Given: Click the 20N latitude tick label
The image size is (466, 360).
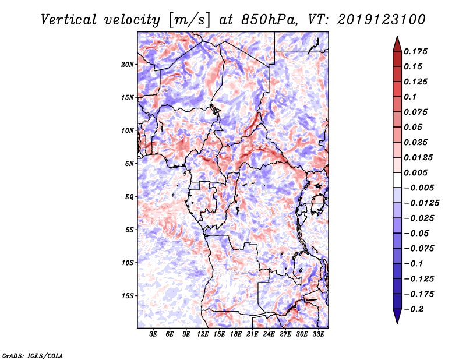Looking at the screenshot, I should pos(128,64).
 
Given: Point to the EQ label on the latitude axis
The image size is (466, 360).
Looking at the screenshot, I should pos(129,196).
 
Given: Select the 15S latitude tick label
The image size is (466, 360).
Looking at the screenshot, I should pos(128,295).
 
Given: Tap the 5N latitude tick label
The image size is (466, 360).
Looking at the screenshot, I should pos(130,164).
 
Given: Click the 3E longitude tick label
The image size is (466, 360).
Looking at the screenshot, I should pos(154,334).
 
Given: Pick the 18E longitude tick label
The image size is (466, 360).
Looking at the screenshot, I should pos(236,334).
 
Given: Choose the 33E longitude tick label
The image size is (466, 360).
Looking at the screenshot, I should pos(319,334).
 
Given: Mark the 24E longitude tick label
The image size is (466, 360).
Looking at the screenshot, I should pos(269,334).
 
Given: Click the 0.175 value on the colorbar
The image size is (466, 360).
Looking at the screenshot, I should pos(417,51).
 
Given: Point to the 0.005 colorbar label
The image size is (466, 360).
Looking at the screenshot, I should pos(417,172).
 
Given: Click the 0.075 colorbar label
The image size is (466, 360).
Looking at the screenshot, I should pos(417,112).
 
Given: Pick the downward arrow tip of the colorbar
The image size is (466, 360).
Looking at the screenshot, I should pos(397,322).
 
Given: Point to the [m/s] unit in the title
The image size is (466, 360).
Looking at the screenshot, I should pos(187,20).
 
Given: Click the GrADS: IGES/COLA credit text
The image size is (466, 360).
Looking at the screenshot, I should pos(32,355).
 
